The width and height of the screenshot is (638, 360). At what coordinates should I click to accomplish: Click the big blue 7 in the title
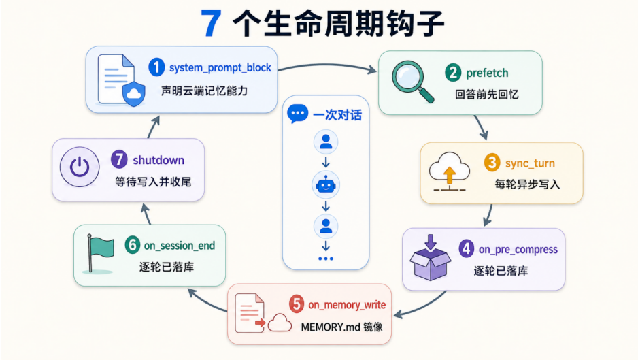(x=212, y=23)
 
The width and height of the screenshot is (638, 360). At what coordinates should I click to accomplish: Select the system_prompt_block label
(x=220, y=67)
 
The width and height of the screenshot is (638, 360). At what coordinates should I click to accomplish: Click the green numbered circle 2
(x=453, y=73)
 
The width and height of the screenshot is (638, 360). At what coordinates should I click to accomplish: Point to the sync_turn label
(x=530, y=163)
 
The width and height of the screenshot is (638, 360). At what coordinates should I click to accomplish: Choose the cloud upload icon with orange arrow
(x=449, y=171)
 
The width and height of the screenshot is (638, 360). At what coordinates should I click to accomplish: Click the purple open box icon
(x=430, y=257)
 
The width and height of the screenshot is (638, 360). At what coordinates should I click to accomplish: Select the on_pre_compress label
(x=518, y=250)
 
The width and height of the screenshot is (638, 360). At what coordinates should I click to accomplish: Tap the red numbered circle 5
(x=297, y=304)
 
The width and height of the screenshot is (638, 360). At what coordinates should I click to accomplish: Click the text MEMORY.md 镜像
(x=341, y=327)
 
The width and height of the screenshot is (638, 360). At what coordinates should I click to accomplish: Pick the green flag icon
(x=100, y=253)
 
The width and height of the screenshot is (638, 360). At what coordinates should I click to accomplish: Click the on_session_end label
(x=180, y=246)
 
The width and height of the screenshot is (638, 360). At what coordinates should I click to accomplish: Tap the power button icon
(x=80, y=167)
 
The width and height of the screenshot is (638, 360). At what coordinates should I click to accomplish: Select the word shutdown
(x=158, y=160)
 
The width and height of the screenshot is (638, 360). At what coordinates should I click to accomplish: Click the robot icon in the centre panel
(x=326, y=185)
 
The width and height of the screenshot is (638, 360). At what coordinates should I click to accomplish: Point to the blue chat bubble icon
(x=297, y=114)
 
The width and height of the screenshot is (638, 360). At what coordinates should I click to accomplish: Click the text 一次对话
(x=337, y=115)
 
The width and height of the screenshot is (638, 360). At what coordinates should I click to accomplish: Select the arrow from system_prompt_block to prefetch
(x=327, y=65)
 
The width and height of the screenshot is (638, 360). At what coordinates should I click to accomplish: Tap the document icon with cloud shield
(x=121, y=80)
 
